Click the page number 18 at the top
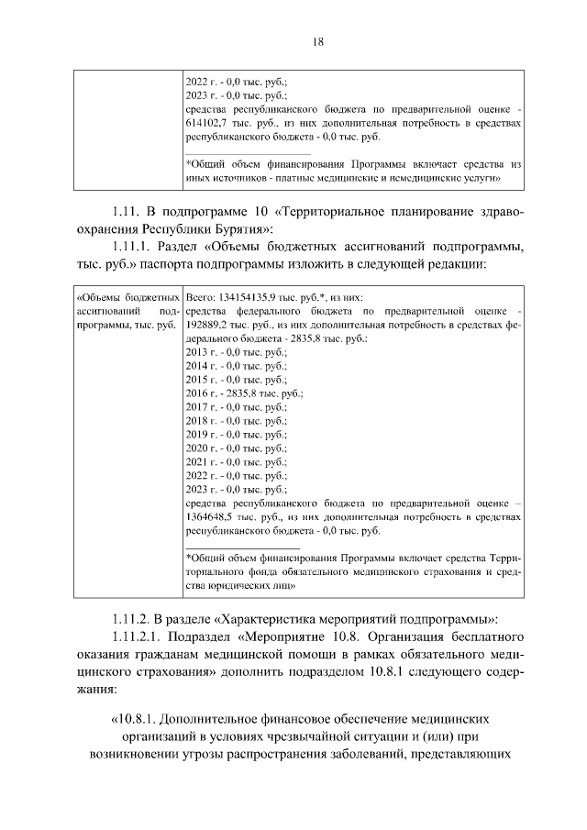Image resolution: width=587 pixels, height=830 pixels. pos(293,41)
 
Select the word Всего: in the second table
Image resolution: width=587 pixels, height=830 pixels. pos(199,298)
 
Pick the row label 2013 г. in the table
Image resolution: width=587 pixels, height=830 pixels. pos(198,351)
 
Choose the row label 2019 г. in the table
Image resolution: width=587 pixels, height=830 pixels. pos(198,432)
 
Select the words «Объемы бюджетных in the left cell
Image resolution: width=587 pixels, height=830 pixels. pos(126,298)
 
